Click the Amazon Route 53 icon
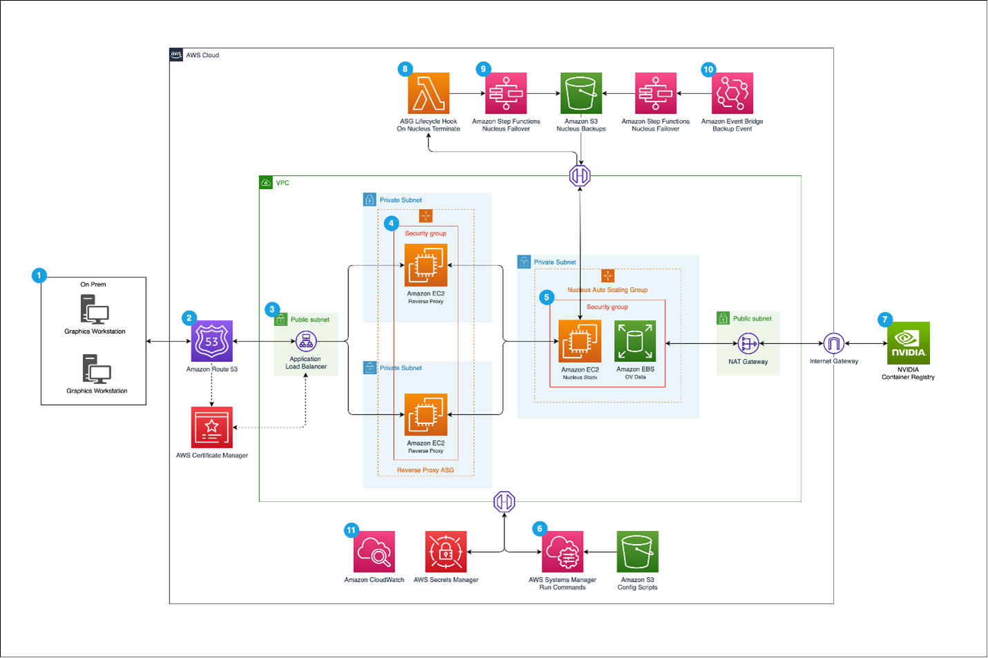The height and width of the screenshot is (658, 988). (x=211, y=341)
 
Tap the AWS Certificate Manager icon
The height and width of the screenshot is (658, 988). (x=211, y=427)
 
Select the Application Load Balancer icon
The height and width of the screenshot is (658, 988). (x=306, y=341)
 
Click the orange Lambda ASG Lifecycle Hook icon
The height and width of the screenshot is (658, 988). (x=428, y=93)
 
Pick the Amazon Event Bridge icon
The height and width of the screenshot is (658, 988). (x=732, y=93)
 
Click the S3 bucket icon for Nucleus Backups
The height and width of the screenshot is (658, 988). (x=580, y=93)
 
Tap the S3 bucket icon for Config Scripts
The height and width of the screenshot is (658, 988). (x=637, y=552)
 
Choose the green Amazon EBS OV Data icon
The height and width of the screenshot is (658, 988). (x=635, y=341)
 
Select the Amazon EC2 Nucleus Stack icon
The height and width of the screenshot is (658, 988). (x=580, y=341)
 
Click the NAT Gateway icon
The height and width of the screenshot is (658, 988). (x=748, y=343)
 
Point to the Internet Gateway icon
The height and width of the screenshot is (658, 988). (x=833, y=343)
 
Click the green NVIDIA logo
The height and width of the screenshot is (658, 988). (x=908, y=343)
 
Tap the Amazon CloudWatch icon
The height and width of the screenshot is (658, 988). (x=374, y=552)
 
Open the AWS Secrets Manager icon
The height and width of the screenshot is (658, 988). (x=446, y=552)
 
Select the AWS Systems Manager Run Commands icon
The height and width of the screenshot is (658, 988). (x=562, y=552)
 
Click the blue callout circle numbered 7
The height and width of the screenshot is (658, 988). (x=884, y=319)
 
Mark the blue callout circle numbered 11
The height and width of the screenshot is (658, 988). (x=351, y=530)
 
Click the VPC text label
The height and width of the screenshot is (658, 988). (x=283, y=183)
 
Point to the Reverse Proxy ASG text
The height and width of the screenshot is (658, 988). (x=425, y=470)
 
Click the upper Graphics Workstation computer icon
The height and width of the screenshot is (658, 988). (x=95, y=309)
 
